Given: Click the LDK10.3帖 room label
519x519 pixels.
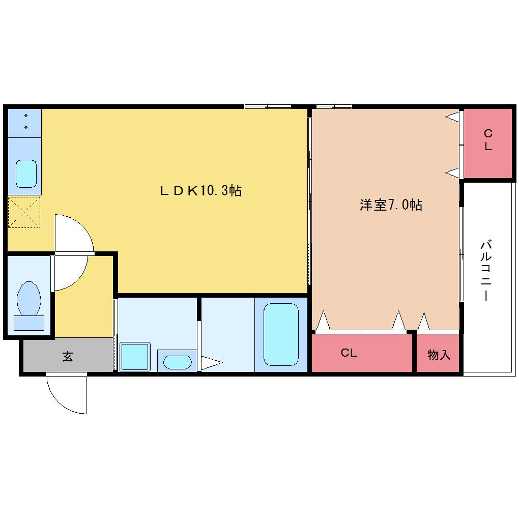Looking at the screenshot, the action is (x=201, y=190).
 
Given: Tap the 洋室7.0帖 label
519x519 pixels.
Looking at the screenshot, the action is (x=391, y=205).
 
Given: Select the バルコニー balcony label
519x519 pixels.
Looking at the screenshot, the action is (x=486, y=271).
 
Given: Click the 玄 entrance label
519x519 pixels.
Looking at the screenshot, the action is (x=68, y=356).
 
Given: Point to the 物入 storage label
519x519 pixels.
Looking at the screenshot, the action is (x=439, y=355).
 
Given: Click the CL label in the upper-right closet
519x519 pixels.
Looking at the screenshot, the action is (x=488, y=140).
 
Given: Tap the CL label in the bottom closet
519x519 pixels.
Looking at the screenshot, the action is (x=349, y=353).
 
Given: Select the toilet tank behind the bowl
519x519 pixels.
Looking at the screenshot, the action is (x=29, y=323).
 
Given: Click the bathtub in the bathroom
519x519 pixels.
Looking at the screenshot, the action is (x=281, y=334).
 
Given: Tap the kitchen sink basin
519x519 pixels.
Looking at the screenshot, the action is (x=26, y=174).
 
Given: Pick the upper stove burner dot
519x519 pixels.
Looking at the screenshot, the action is (x=26, y=116).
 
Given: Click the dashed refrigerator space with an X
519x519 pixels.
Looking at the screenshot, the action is (x=24, y=212).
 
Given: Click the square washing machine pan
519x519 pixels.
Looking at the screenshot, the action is (x=135, y=357).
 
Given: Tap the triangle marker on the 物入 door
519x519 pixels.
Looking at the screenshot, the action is (x=424, y=322).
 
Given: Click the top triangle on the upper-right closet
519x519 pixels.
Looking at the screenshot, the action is (x=452, y=117).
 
